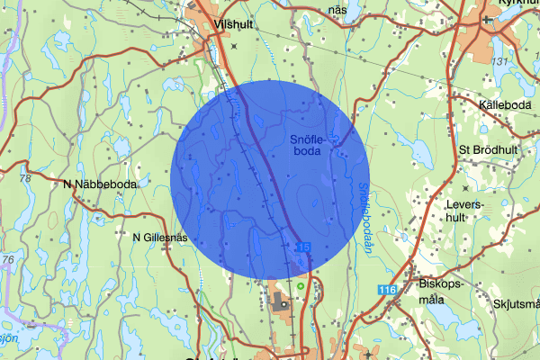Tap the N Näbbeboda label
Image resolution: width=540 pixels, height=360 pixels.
pyautogui.click(x=100, y=184)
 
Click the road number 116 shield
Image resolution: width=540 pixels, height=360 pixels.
pyautogui.click(x=388, y=289)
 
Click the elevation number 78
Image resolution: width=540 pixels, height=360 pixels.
pyautogui.click(x=24, y=179)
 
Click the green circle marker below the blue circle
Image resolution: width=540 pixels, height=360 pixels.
pyautogui.click(x=300, y=287)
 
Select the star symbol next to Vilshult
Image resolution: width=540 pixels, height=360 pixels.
pyautogui.click(x=234, y=45)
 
